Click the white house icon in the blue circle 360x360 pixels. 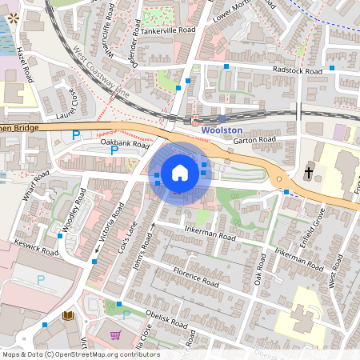pos(180,172)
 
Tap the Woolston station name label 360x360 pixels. pos(221,129)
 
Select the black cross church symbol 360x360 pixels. pos(309,172)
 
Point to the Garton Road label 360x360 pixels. pos(254,140)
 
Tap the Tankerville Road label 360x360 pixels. pos(170,30)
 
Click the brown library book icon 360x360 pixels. pos(68,317)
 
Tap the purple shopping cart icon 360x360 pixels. pos(115,334)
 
